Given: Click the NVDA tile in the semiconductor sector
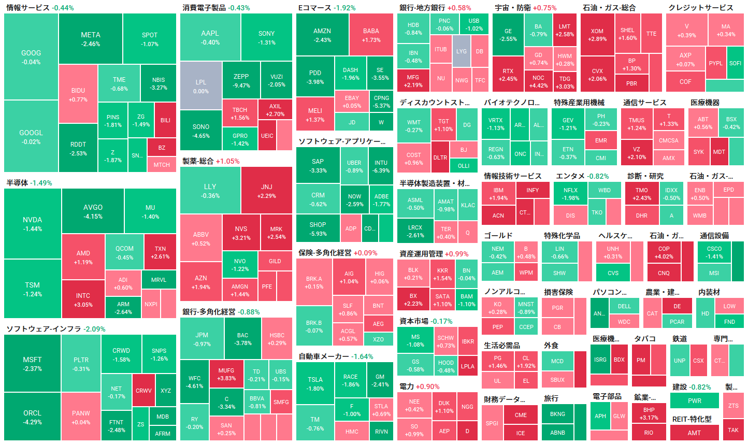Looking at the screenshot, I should (33, 224).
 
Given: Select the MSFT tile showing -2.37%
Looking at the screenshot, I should (32, 364).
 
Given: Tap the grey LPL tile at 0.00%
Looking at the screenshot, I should (201, 87).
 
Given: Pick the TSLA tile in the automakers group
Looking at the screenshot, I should (315, 383).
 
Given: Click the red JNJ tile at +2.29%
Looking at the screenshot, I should (266, 191).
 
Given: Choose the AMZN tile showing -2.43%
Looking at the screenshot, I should (322, 35).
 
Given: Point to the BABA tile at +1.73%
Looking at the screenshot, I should (371, 35).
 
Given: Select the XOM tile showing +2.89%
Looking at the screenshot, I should (597, 35).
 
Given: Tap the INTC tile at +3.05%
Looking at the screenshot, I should (83, 299).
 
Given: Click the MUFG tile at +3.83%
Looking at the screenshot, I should (226, 374).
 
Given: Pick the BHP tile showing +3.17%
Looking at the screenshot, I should (649, 413).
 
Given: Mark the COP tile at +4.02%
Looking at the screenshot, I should (664, 252).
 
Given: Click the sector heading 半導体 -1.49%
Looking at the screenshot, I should (29, 183).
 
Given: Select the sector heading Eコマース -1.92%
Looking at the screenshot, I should (327, 8).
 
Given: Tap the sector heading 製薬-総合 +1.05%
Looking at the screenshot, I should (211, 161).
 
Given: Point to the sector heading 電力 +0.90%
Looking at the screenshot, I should (419, 386).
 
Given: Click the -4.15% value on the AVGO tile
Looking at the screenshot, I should (93, 217).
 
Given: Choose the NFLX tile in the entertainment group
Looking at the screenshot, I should (570, 194).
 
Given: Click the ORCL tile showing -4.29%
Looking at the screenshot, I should (32, 417).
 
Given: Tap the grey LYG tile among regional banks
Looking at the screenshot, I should (461, 51).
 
